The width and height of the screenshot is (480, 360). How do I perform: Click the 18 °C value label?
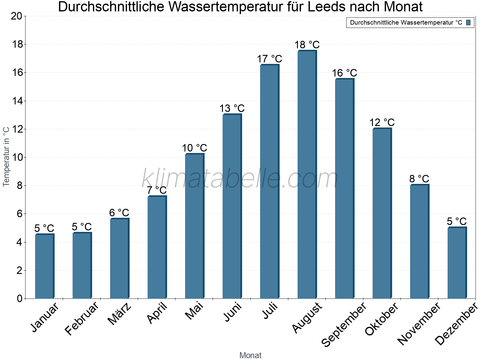tap(307, 45)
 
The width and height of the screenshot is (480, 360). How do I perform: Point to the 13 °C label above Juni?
tap(232, 108)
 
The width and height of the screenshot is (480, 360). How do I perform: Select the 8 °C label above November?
tap(419, 179)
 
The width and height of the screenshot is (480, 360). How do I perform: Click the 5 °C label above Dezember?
tap(457, 221)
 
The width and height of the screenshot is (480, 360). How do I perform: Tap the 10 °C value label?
tap(194, 148)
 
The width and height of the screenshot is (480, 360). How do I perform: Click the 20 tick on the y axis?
tap(17, 16)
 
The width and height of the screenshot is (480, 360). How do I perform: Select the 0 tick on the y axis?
tap(20, 298)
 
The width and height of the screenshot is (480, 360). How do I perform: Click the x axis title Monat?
tap(250, 355)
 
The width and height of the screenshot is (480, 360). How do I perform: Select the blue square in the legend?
tap(468, 22)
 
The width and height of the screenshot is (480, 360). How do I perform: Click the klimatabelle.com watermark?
tap(240, 179)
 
